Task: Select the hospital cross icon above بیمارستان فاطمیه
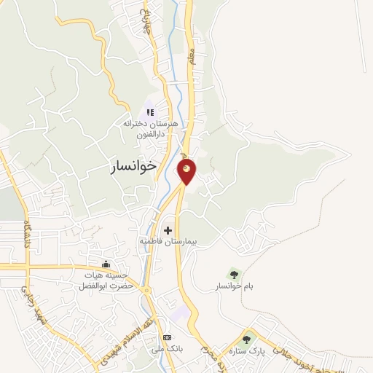168,230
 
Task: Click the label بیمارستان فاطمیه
168,240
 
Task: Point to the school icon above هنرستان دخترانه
149,112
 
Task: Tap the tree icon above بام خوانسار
234,275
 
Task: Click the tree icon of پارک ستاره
247,338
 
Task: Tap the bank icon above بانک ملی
168,338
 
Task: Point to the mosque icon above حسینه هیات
107,263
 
